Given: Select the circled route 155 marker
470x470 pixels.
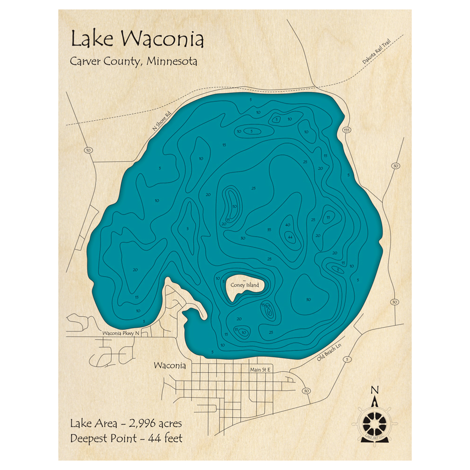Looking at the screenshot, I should click(347, 130).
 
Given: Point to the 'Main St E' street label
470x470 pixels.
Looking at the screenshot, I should click(261, 370).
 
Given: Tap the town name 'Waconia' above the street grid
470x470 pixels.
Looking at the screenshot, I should click(170, 366).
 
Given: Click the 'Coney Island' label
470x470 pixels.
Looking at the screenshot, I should click(244, 285).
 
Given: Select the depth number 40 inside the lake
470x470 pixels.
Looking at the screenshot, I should click(287, 225).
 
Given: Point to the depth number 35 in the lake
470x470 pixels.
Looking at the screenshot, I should click(269, 229).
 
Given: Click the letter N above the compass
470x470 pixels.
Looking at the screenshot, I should click(375, 390).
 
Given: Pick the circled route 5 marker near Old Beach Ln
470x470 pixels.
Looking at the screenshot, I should click(347, 360).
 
